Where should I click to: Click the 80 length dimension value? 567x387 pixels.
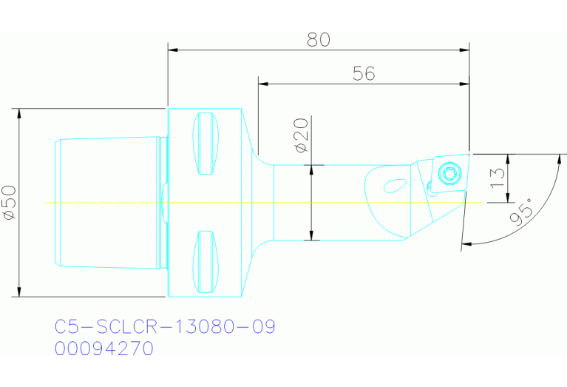(x=319, y=40)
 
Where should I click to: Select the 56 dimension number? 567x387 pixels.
(x=364, y=73)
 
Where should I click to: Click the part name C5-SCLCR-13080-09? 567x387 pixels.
(x=165, y=326)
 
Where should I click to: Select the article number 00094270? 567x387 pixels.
(x=104, y=349)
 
